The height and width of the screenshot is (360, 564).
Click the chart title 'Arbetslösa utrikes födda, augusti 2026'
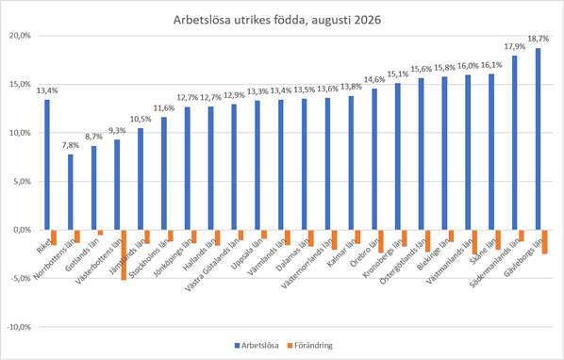tap(277, 20)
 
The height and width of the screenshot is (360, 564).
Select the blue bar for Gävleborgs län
tap(539, 139)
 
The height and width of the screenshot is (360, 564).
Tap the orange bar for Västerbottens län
tap(124, 254)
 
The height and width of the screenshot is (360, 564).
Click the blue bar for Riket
tap(47, 165)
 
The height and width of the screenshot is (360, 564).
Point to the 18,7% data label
tap(539, 39)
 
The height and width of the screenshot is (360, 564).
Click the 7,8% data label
tap(71, 145)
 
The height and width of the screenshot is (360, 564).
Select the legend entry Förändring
tap(310, 346)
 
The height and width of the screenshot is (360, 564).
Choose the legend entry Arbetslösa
tap(257, 346)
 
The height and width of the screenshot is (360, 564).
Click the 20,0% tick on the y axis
tap(22, 36)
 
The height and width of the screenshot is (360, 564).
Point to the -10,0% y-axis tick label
tap(20, 327)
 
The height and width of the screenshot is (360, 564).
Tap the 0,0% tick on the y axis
tap(24, 230)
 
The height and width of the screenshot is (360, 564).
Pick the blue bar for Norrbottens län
tap(71, 192)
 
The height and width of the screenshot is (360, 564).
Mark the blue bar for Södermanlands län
tap(515, 143)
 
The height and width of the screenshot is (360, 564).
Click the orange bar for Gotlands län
tap(100, 233)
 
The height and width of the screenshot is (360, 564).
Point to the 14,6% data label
tap(374, 79)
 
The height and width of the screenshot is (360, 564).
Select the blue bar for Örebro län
tap(374, 159)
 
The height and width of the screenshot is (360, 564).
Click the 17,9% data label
tap(515, 46)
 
